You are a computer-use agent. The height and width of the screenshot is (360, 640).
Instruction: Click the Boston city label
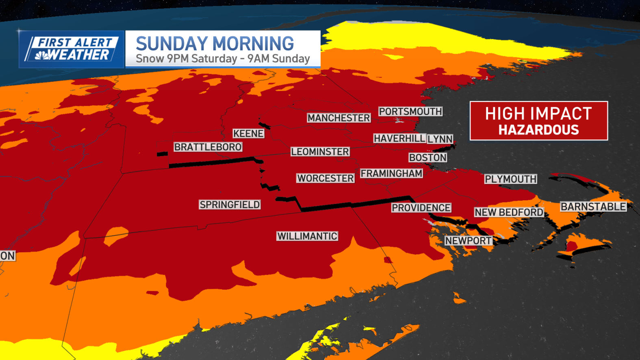[427, 158]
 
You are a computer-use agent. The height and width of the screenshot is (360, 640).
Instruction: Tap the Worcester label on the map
[325, 178]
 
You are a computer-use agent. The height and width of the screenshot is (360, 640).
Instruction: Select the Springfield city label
[230, 205]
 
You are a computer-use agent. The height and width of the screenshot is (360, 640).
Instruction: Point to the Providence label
[421, 208]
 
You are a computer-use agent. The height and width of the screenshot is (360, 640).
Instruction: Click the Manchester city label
[338, 118]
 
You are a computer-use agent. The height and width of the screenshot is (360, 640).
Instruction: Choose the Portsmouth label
[410, 112]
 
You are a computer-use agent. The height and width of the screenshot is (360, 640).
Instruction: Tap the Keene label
[248, 134]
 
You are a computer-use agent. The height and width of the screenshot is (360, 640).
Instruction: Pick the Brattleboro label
[208, 147]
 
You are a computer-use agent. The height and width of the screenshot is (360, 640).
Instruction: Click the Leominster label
[320, 152]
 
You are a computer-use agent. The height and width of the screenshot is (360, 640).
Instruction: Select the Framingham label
[391, 173]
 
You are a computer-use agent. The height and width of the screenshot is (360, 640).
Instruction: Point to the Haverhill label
[399, 139]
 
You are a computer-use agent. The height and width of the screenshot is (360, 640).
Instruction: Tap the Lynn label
[440, 139]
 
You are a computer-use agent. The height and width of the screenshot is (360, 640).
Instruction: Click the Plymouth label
[510, 179]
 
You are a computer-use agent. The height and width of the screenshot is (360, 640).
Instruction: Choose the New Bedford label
[509, 213]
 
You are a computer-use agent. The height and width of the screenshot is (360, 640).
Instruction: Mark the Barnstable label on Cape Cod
[593, 207]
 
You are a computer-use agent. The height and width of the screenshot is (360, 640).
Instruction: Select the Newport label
[468, 241]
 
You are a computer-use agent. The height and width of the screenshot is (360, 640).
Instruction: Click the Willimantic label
[307, 236]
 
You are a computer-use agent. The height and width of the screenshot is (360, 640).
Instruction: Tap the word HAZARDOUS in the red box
[538, 130]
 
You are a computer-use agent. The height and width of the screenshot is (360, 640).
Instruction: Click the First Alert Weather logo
[72, 49]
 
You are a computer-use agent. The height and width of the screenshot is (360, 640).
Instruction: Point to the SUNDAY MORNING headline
[215, 44]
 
